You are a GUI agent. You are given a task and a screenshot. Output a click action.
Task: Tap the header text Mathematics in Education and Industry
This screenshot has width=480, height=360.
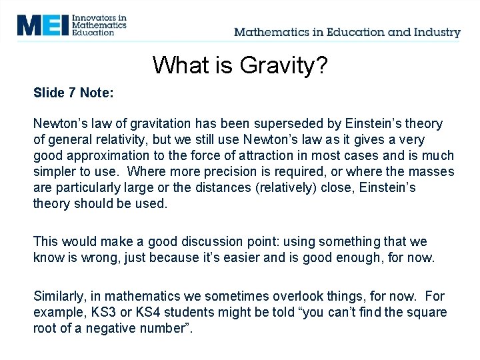point(347,32)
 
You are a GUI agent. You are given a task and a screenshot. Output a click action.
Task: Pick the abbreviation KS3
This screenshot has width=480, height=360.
point(99,312)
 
